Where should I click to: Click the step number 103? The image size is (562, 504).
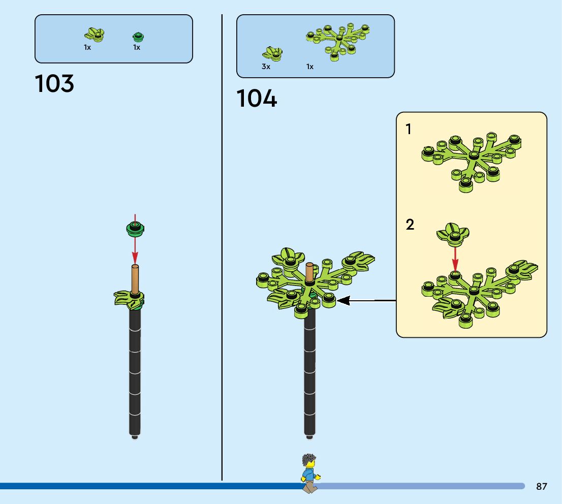tap(54, 83)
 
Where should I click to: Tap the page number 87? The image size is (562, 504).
tap(542, 486)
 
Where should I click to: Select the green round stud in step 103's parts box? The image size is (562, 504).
tap(138, 36)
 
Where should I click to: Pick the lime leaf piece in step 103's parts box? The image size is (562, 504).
tap(93, 35)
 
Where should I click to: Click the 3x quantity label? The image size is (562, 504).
tap(266, 67)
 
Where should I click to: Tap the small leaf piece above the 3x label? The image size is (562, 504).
tap(272, 53)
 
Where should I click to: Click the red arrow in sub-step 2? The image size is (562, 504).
tap(455, 258)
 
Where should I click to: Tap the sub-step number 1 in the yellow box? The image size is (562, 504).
tap(409, 130)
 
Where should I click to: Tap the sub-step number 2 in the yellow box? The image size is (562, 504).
tap(410, 225)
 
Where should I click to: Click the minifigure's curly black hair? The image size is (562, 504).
tap(309, 461)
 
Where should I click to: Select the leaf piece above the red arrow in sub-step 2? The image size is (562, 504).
tap(453, 232)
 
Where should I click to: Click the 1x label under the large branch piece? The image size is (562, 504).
tap(310, 67)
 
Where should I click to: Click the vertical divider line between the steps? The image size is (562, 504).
tap(222, 254)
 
